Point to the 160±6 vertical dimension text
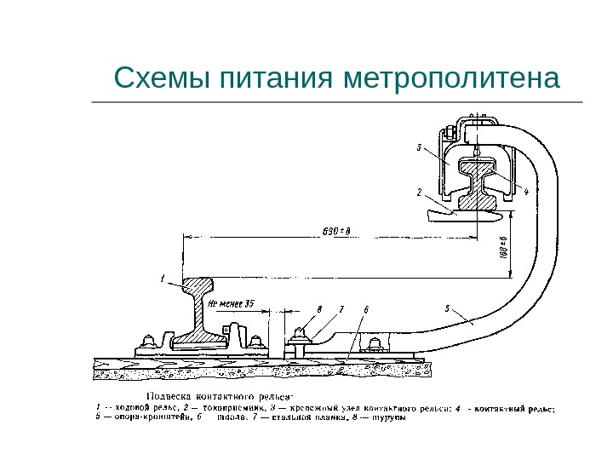503,248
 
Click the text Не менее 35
231,303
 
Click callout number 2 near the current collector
419,193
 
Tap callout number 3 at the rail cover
419,147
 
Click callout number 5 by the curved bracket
449,307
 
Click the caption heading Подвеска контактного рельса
220,395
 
